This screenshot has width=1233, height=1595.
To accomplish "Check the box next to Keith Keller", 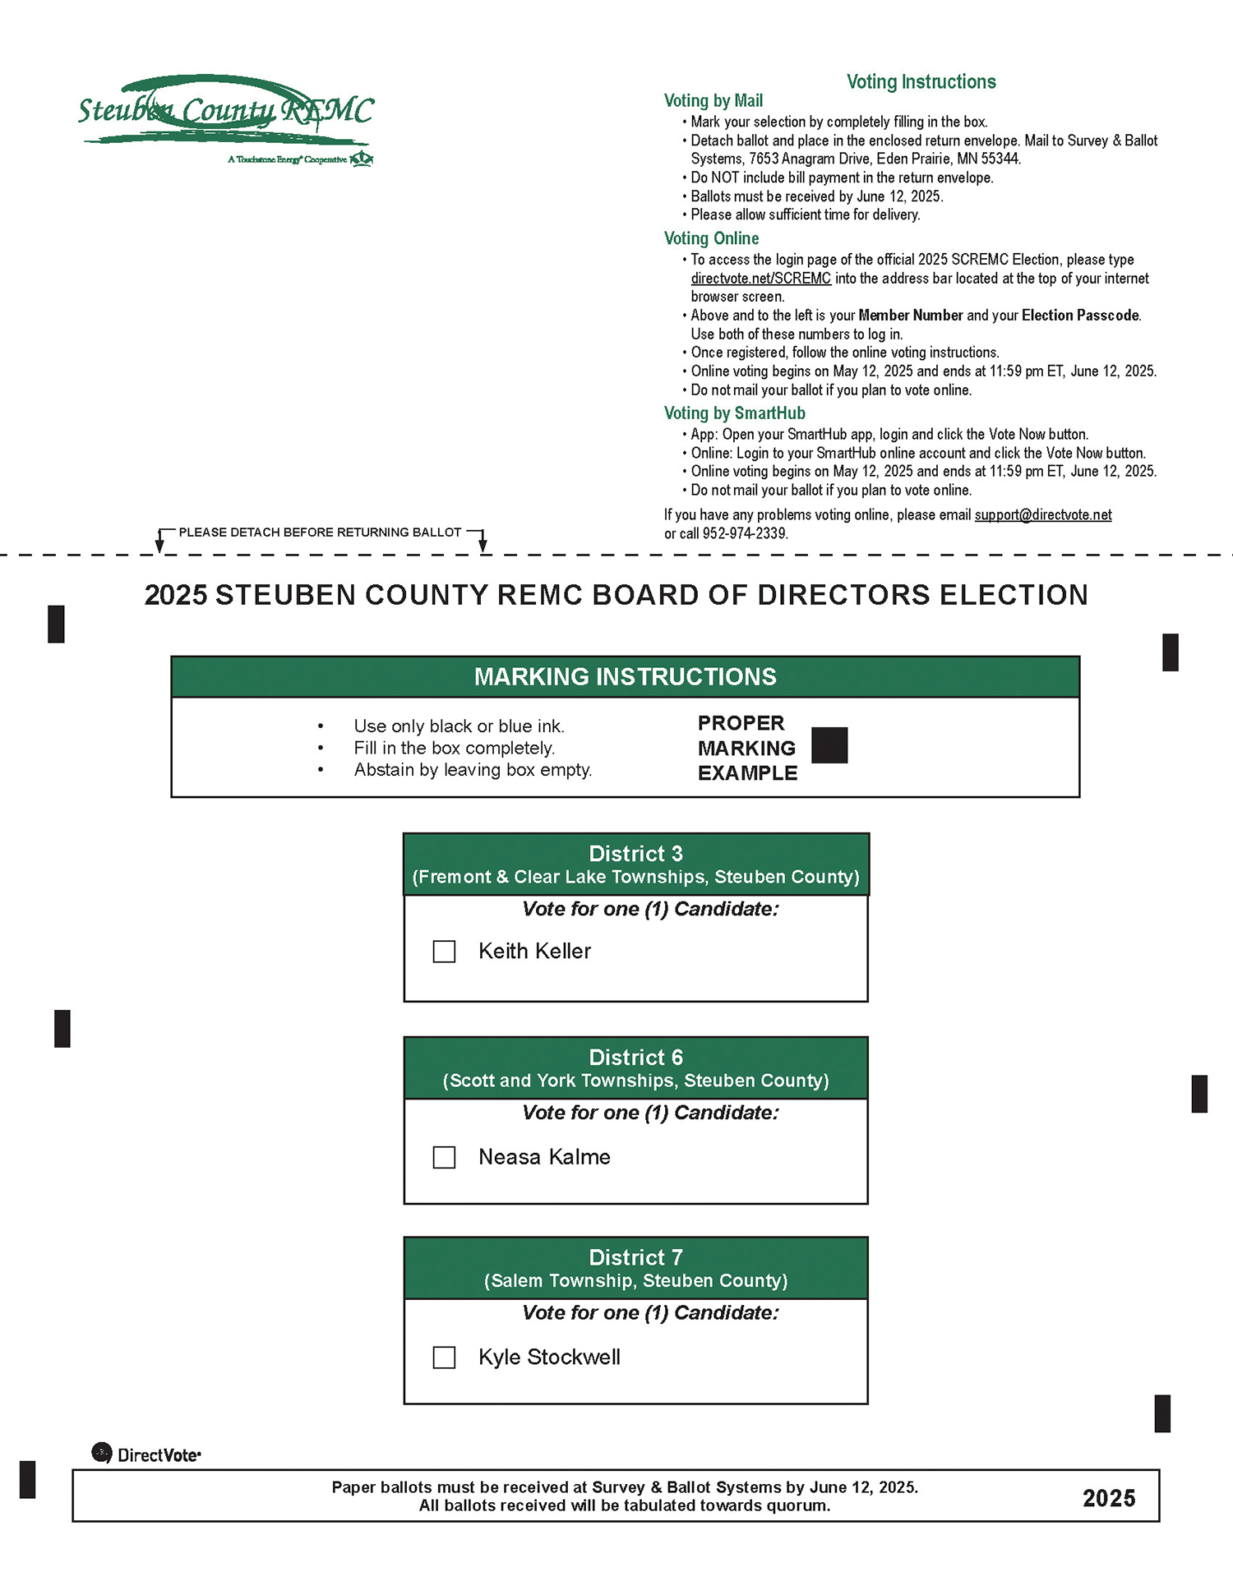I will pyautogui.click(x=444, y=952).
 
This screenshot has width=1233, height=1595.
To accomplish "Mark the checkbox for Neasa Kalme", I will pyautogui.click(x=444, y=1157).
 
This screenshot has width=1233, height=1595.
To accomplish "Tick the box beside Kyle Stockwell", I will pyautogui.click(x=444, y=1358).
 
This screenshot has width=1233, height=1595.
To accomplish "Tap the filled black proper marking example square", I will pyautogui.click(x=829, y=745).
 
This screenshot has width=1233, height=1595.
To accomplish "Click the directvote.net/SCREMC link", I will pyautogui.click(x=760, y=279).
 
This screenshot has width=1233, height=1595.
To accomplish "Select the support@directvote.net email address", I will pyautogui.click(x=1042, y=515).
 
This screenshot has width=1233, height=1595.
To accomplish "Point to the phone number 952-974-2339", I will pyautogui.click(x=745, y=534).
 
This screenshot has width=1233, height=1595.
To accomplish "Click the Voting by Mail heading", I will pyautogui.click(x=713, y=101).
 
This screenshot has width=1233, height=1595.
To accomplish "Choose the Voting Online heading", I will pyautogui.click(x=711, y=239).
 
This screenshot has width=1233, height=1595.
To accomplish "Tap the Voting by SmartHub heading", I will pyautogui.click(x=734, y=413).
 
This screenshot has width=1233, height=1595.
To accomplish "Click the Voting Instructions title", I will pyautogui.click(x=921, y=82).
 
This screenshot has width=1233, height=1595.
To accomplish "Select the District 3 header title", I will pyautogui.click(x=635, y=854).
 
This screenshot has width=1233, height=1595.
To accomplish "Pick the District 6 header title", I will pyautogui.click(x=635, y=1058).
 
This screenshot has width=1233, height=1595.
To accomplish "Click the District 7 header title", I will pyautogui.click(x=635, y=1257).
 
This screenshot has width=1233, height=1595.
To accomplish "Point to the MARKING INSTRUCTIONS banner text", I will pyautogui.click(x=625, y=677).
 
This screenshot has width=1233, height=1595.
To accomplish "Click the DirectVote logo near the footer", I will pyautogui.click(x=146, y=1454).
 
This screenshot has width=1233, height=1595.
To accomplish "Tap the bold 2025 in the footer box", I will pyautogui.click(x=1108, y=1499).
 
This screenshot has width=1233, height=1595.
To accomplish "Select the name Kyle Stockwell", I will pyautogui.click(x=549, y=1358).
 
